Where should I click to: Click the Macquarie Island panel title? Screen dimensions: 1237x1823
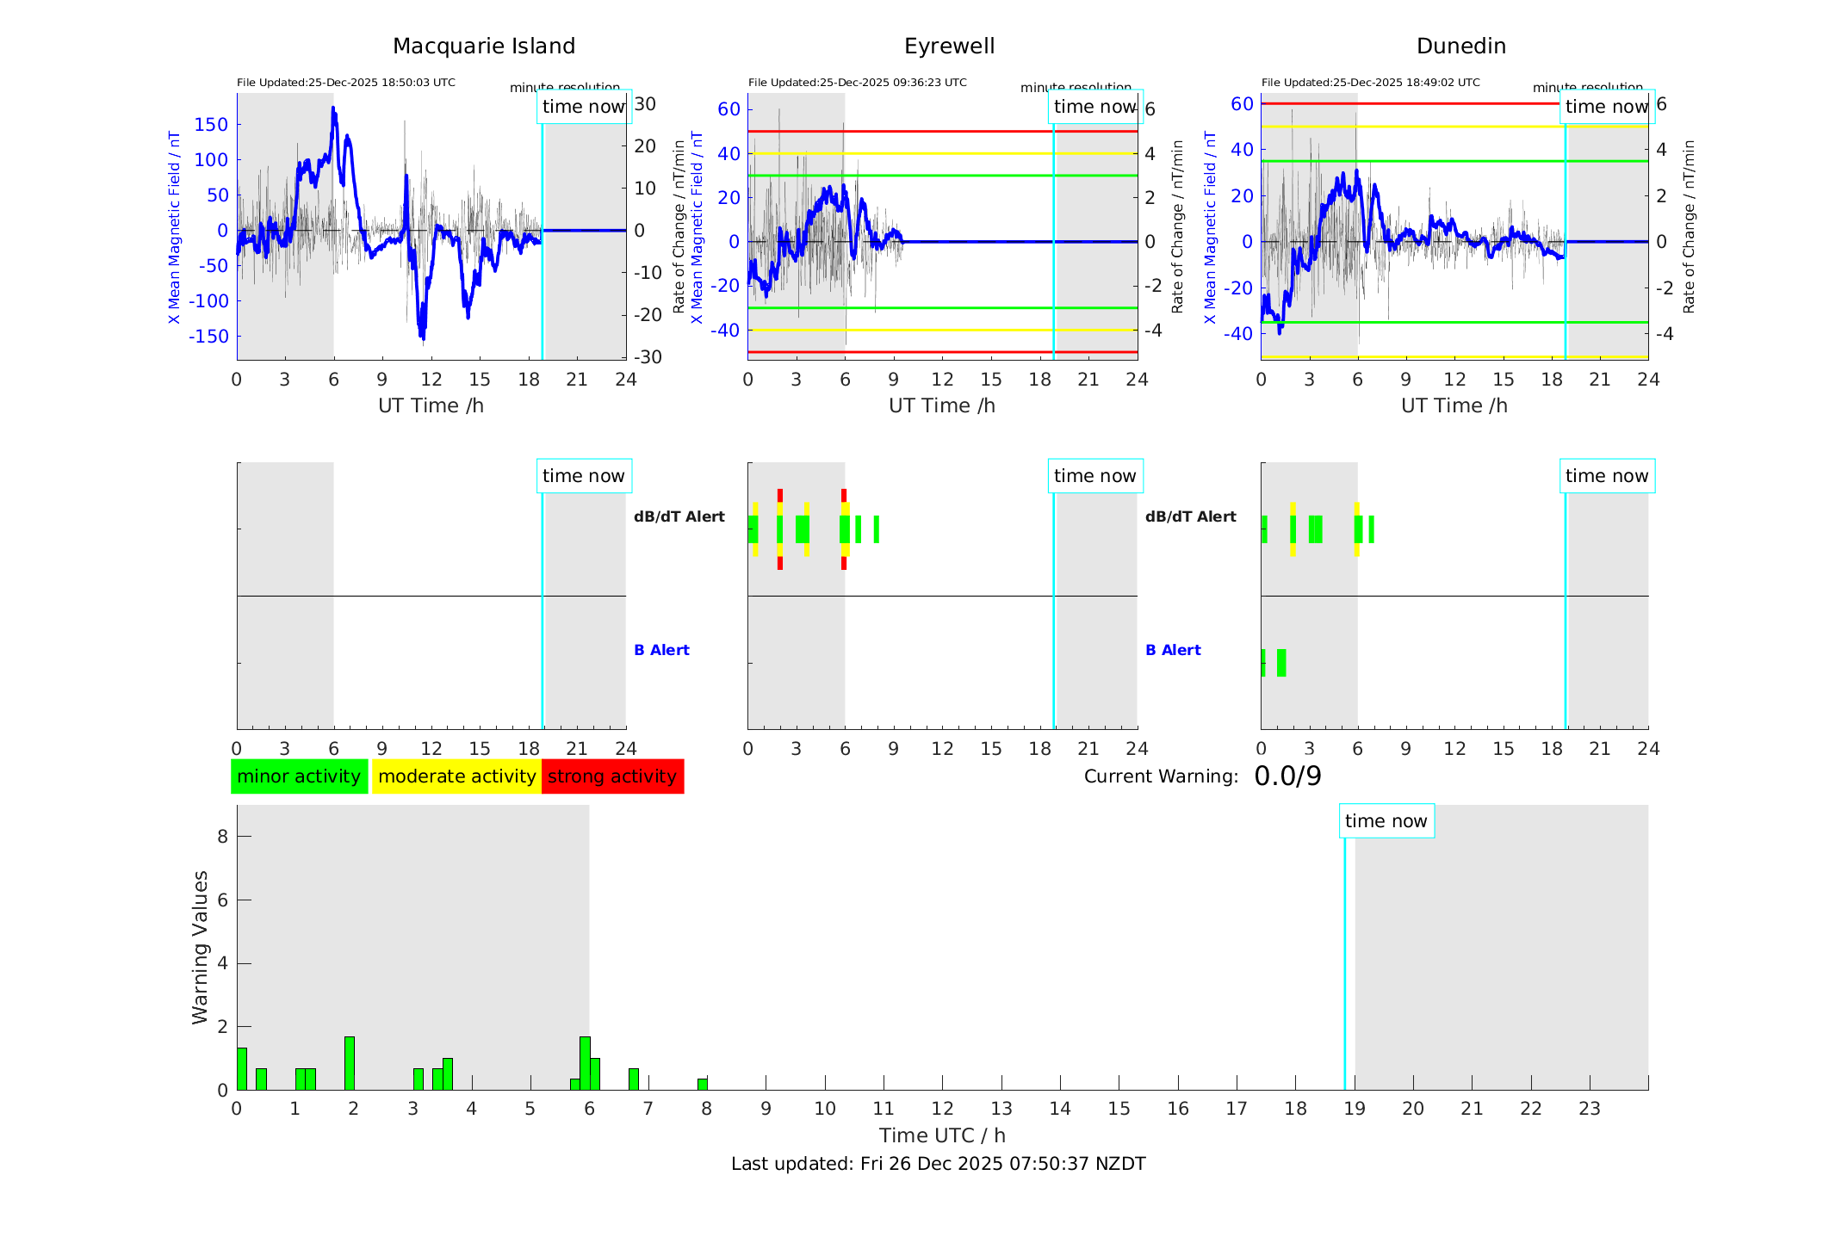[x=483, y=46]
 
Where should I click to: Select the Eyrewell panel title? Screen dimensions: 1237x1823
[x=949, y=46]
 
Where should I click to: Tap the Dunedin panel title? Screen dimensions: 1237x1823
[x=1460, y=46]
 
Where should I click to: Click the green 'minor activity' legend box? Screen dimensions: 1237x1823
[x=299, y=776]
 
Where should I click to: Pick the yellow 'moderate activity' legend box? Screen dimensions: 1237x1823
[x=456, y=776]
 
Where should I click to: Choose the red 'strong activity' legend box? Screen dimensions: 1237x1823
[x=612, y=776]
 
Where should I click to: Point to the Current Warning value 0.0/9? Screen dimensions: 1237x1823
[x=1287, y=776]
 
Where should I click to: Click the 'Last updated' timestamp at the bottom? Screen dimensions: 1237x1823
[x=938, y=1164]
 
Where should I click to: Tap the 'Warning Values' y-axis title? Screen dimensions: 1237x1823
[x=200, y=947]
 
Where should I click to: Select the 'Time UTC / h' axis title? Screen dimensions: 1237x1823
[x=942, y=1135]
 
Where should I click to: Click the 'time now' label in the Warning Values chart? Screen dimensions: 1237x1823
[x=1386, y=821]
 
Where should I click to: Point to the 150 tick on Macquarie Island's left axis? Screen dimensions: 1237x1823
[x=211, y=125]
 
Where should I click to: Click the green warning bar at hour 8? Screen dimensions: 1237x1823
[x=703, y=1084]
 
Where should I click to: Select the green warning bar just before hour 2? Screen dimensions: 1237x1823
[x=350, y=1063]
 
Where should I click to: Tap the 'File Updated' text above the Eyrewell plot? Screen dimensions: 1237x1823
[x=857, y=83]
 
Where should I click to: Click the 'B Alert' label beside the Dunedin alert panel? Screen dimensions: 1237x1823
[x=1173, y=650]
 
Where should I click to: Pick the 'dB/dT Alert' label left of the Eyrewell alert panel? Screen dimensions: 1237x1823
[x=679, y=516]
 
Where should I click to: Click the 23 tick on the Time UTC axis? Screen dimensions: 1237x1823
[x=1589, y=1109]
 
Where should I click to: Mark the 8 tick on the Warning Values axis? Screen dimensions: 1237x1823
[x=222, y=836]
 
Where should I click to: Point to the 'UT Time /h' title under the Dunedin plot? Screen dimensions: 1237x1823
[x=1454, y=405]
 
